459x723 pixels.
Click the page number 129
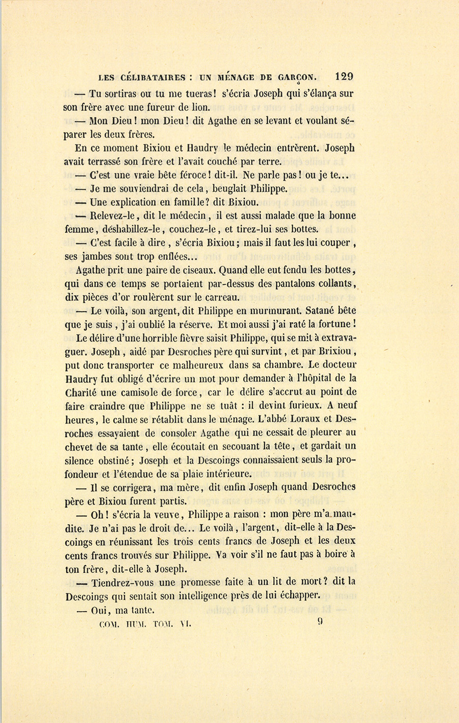coord(344,77)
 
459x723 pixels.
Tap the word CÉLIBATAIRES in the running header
coord(152,78)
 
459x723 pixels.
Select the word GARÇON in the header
coord(297,78)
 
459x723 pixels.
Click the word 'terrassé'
coord(109,161)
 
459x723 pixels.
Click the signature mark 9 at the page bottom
coord(320,622)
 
